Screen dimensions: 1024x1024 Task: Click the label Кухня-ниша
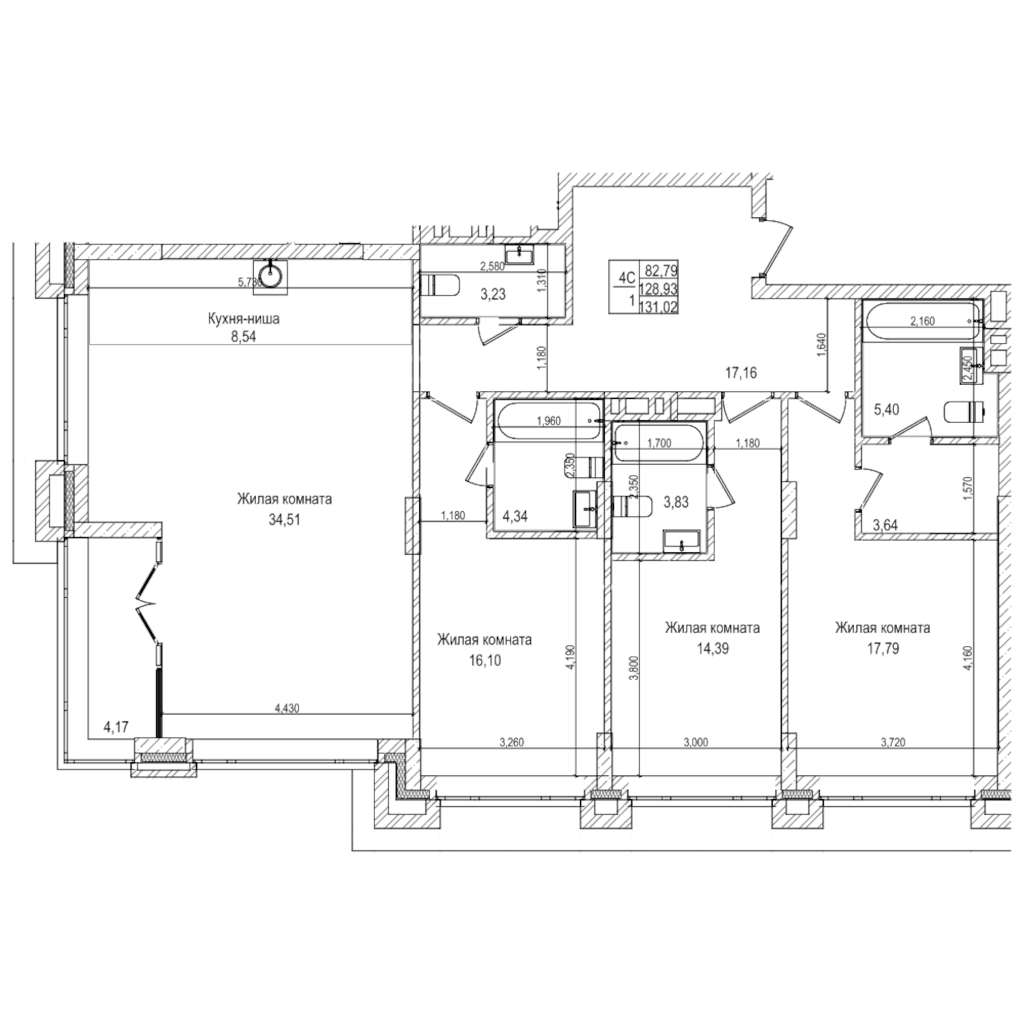(243, 319)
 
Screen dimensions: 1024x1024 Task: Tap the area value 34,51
(284, 519)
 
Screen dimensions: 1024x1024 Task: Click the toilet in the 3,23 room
(440, 285)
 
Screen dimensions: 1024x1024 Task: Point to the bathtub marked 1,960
(548, 421)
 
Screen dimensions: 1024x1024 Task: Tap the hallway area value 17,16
(741, 373)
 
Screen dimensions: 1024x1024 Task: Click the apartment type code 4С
(626, 278)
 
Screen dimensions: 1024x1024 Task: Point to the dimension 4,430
(286, 708)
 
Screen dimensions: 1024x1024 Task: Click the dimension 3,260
(511, 742)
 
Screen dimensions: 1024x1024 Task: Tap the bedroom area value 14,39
(712, 649)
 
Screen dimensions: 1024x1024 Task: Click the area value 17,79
(882, 649)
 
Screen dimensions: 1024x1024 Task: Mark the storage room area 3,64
(885, 525)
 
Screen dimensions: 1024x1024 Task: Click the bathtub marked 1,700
(659, 443)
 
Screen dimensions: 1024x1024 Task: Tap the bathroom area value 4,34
(515, 517)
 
